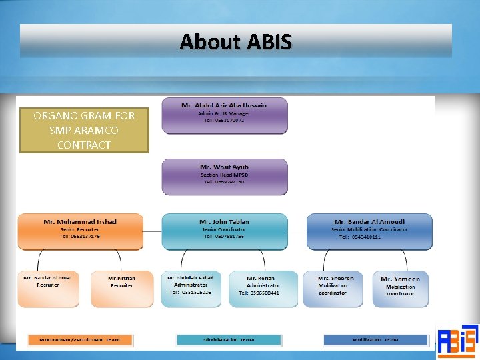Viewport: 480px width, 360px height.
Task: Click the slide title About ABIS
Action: click(x=235, y=42)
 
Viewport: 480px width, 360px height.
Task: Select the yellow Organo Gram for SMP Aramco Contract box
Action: click(x=84, y=130)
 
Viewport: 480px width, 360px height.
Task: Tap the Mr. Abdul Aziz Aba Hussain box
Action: click(x=224, y=115)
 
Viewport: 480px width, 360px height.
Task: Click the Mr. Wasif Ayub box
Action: click(x=224, y=176)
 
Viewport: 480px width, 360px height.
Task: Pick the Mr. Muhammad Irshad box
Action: click(x=80, y=231)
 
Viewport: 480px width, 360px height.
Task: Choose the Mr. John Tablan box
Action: click(x=224, y=231)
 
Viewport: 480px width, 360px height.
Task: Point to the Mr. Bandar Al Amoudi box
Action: click(x=369, y=231)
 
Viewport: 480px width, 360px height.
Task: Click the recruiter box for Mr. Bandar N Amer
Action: click(x=47, y=289)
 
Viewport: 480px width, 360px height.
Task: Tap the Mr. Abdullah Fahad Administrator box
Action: click(x=191, y=289)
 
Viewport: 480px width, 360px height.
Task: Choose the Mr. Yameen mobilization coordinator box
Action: click(x=400, y=289)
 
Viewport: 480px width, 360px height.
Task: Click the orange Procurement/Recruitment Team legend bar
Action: click(x=79, y=339)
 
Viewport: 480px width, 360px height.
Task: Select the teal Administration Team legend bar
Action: click(x=229, y=339)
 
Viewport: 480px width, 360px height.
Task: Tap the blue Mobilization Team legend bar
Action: click(x=375, y=339)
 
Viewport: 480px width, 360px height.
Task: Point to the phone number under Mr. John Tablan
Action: click(x=223, y=237)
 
